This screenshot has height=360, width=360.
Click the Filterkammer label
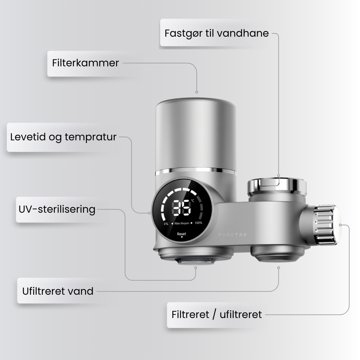pos(85,63)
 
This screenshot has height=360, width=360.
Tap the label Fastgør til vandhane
pos(217,33)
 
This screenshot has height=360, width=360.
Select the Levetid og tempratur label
pos(63,137)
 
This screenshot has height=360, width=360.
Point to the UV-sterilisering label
pos(57,209)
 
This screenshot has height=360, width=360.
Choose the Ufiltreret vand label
pos(58,291)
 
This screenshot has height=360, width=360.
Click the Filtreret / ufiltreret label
pos(217,314)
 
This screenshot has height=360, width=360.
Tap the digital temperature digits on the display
pos(181,208)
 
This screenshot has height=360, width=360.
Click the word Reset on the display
pos(182,234)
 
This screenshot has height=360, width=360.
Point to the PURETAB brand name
pos(233,235)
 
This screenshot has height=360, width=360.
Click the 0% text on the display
pos(166,224)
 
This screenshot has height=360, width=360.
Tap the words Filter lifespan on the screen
pos(182,223)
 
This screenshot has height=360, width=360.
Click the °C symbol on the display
pos(193,201)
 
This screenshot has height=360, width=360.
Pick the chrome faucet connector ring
pos(277,187)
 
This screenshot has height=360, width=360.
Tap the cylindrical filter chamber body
pos(196,133)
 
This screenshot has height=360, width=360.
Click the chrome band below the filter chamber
pos(196,172)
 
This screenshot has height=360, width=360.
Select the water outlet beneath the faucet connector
pos(278,255)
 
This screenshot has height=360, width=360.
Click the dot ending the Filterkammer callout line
pos(197,92)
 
